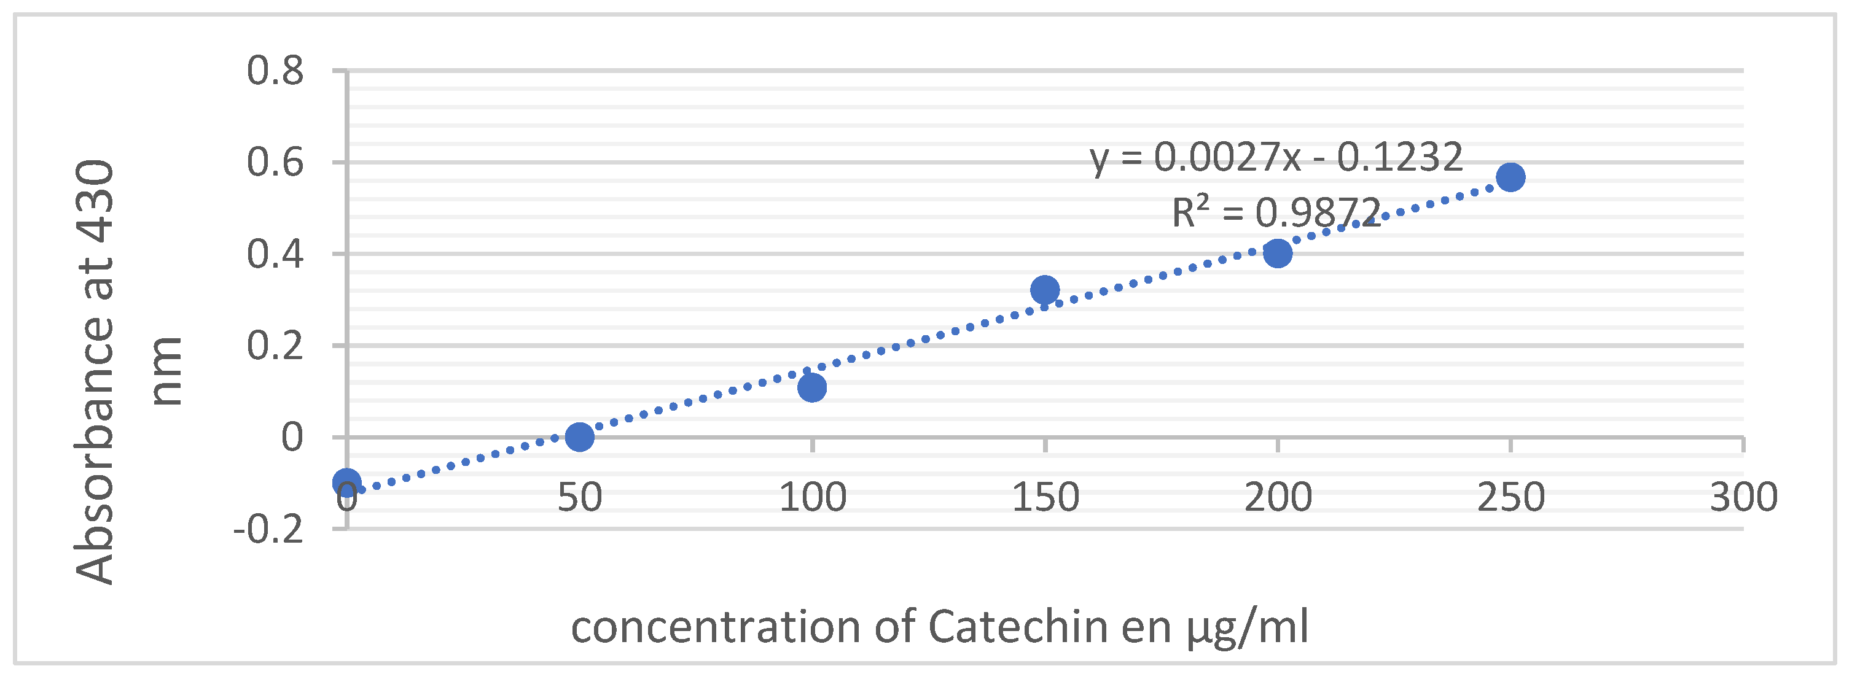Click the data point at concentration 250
point(1510,177)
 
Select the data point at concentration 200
point(1278,253)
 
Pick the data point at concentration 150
point(1045,290)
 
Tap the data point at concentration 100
point(811,387)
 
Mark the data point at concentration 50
point(579,436)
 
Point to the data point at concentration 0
point(346,482)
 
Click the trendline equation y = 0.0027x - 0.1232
point(1276,157)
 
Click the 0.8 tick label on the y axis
point(275,71)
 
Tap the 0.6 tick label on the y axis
point(275,163)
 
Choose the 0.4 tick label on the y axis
point(275,254)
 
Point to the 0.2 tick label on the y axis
point(275,346)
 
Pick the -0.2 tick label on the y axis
point(268,530)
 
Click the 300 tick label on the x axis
point(1743,497)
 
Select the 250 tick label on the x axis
point(1510,497)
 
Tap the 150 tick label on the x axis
point(1045,497)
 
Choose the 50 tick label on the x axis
point(579,497)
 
